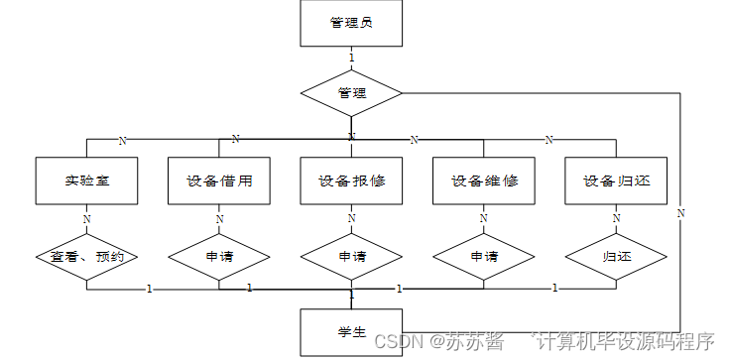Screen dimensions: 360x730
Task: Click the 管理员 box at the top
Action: coord(351,24)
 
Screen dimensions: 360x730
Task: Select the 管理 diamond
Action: coord(351,94)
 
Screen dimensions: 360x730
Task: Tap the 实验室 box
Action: coord(86,181)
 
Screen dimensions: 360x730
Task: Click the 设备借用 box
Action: coord(219,181)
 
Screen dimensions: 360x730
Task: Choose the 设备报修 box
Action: coord(351,181)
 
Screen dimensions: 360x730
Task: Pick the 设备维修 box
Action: coord(483,181)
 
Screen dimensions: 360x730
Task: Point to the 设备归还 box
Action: coord(616,181)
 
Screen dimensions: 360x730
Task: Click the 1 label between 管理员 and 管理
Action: coord(351,59)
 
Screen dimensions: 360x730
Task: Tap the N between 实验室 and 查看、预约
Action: coord(86,219)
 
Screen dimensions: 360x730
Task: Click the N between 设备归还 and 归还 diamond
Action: coord(616,219)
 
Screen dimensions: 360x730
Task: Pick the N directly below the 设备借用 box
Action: coord(219,219)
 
